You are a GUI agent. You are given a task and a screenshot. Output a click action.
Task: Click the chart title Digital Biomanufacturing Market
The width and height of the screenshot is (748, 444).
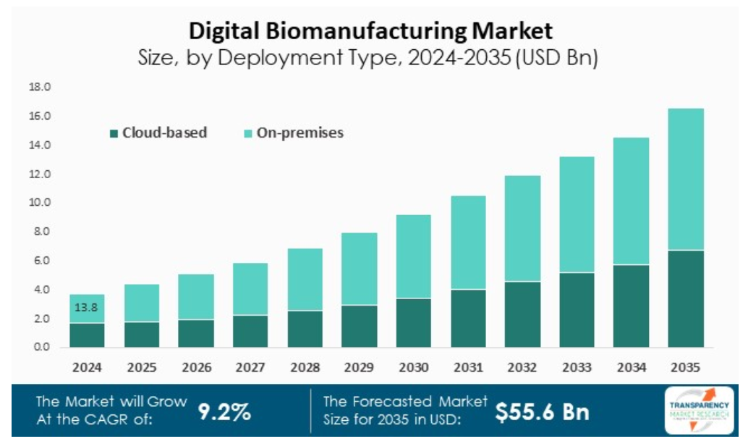pos(370,30)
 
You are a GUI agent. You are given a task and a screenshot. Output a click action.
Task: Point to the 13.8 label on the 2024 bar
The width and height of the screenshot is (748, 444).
pos(87,308)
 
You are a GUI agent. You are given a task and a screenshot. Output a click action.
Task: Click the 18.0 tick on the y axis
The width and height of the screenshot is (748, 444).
pos(39,87)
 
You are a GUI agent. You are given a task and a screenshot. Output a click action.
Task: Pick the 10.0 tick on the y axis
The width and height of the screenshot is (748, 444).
pos(39,203)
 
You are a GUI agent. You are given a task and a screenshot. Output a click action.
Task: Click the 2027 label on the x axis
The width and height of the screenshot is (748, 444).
pos(250,366)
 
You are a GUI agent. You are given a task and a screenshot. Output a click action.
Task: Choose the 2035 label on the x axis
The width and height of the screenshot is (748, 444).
pos(685,366)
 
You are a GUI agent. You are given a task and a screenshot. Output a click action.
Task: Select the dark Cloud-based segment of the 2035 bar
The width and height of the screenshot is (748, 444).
pos(685,298)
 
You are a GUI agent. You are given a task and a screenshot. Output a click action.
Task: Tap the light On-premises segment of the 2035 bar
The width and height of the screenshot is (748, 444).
pos(685,179)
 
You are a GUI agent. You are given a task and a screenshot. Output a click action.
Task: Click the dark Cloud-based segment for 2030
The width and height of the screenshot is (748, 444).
pos(413,322)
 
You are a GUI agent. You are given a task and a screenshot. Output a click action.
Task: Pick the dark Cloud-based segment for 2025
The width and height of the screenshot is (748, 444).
pos(141,334)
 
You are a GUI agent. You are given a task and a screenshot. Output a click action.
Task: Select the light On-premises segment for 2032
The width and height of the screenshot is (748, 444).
pos(522,228)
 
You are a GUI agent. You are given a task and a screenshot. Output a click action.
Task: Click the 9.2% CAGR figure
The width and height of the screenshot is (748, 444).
pos(224,411)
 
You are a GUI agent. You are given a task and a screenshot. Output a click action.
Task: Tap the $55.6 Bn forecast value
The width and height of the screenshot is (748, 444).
pos(543,411)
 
